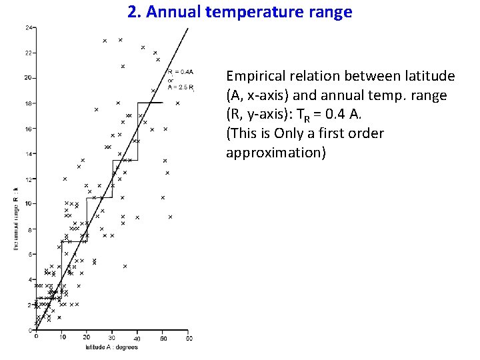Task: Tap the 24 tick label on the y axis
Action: [28, 27]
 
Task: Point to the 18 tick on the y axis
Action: [28, 103]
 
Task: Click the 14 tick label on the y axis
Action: [28, 154]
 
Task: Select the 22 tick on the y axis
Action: [28, 53]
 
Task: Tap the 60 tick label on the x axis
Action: [189, 338]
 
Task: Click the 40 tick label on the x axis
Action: [138, 338]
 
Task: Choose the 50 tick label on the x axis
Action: [163, 338]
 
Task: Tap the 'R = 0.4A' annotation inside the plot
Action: [181, 71]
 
